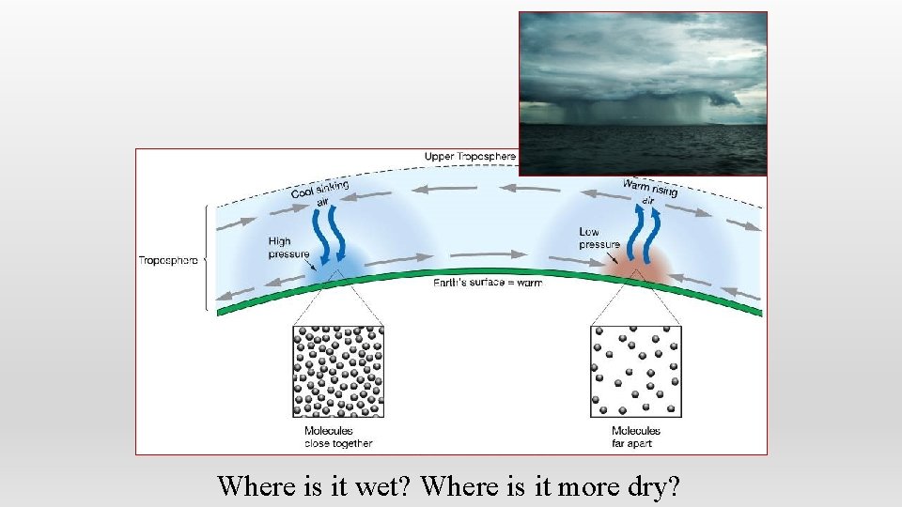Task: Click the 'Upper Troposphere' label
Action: click(470, 155)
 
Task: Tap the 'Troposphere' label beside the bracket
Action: click(168, 260)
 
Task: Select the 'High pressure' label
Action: click(286, 247)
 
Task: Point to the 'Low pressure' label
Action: click(599, 238)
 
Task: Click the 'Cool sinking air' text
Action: click(319, 193)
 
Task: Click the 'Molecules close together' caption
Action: click(338, 437)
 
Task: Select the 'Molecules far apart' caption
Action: click(636, 437)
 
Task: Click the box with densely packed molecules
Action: click(339, 372)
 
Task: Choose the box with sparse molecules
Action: click(636, 372)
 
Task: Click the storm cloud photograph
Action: click(644, 93)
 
